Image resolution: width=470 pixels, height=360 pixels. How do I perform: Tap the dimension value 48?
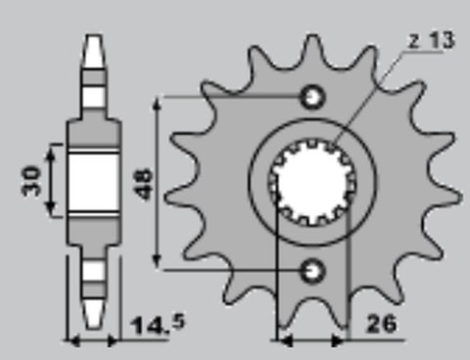143,180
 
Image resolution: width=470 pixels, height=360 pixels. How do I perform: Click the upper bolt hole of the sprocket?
313,96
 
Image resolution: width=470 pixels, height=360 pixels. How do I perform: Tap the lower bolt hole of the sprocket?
313,267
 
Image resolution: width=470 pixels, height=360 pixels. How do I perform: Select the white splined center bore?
312,181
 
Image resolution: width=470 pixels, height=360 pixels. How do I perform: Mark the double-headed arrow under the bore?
312,341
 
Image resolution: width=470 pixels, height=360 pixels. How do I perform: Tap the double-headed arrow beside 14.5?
92,341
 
